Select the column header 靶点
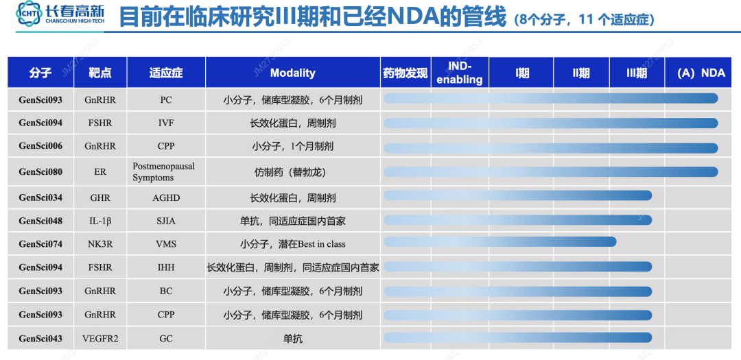pos(100,73)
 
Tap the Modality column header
pos(292,73)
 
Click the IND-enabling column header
pos(460,73)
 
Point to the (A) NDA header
pos(701,73)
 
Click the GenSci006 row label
pos(40,147)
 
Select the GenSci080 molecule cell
pos(40,171)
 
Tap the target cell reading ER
pos(100,171)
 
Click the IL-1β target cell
pos(100,221)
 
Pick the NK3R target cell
pos(100,244)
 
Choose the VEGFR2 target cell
pos(100,339)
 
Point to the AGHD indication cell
pos(166,197)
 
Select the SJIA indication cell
pos(166,221)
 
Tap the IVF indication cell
pos(166,123)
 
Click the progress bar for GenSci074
pos(499,241)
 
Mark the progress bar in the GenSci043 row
pos(517,337)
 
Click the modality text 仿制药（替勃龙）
pos(292,171)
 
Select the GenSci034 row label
pos(40,197)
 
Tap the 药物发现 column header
pos(405,73)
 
